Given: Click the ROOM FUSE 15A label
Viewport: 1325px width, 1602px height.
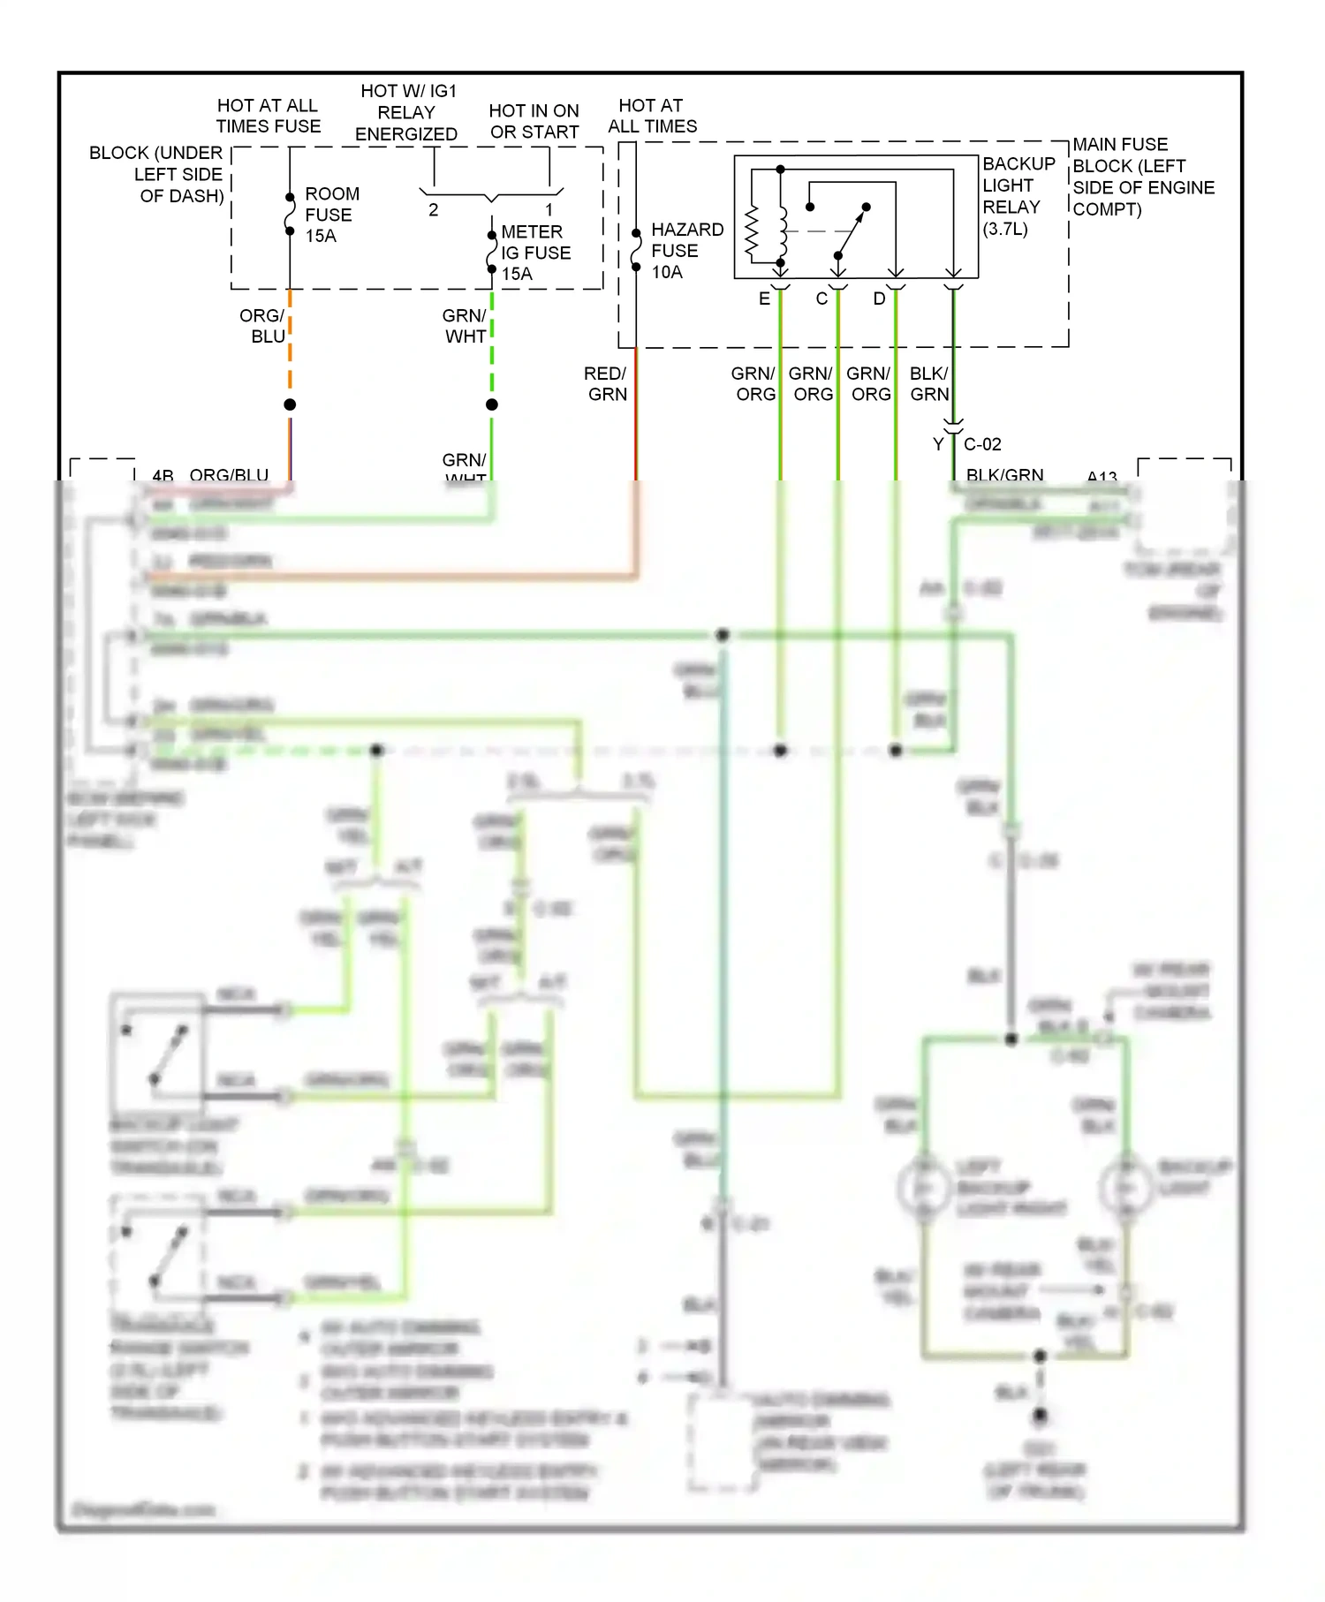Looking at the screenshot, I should point(331,215).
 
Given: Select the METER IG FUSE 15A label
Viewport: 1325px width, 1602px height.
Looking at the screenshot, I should point(534,253).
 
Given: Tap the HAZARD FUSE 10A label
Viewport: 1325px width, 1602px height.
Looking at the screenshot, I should point(686,251).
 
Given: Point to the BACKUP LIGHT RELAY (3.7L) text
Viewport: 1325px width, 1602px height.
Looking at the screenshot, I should point(1017,196).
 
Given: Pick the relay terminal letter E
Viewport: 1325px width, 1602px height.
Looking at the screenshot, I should point(764,298).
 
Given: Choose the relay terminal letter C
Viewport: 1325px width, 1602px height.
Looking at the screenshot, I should point(821,298).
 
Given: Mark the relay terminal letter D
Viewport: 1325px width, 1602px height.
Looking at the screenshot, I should point(879,298).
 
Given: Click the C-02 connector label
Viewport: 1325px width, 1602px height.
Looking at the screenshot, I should point(982,444).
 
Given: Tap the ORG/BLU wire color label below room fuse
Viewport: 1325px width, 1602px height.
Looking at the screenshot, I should point(262,326).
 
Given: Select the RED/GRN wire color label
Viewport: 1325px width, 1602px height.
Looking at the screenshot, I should point(606,383).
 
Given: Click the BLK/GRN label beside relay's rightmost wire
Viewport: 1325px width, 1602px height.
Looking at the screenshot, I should point(929,383).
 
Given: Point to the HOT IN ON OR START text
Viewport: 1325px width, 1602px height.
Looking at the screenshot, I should point(534,121).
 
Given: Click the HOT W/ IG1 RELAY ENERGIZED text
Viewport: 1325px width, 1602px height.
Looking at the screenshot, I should point(407,112).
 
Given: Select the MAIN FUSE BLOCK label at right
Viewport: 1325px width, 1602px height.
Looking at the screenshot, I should point(1142,177).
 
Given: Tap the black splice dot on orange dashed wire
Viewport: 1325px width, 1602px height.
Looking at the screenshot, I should point(290,404).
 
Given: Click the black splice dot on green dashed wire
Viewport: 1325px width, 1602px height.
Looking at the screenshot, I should point(492,404).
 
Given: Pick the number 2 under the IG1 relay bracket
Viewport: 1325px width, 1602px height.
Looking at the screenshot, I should point(433,209).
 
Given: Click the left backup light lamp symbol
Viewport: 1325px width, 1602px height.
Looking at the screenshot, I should point(923,1188).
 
